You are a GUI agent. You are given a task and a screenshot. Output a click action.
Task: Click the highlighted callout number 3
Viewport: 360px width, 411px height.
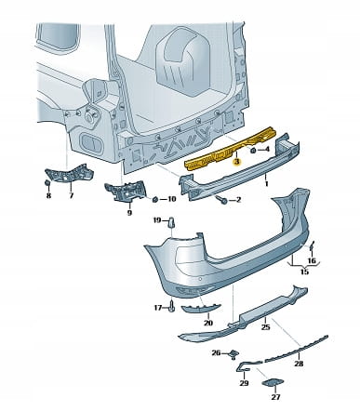pos(237,162)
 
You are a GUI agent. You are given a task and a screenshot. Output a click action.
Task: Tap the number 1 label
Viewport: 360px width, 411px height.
pos(266,184)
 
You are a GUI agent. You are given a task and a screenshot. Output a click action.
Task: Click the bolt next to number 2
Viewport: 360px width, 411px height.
pos(223,199)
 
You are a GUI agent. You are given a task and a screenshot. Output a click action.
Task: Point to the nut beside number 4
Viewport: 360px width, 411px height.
pos(253,151)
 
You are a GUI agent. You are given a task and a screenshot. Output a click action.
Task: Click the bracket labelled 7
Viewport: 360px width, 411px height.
pos(68,175)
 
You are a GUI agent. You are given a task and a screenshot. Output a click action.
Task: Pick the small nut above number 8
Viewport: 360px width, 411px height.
pos(47,183)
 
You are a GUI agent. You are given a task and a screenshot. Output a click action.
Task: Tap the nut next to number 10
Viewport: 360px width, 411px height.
pos(155,199)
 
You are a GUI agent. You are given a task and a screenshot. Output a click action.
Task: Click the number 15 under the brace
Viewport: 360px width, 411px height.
pos(304,272)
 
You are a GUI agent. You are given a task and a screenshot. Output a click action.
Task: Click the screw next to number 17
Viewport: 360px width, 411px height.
pos(172,307)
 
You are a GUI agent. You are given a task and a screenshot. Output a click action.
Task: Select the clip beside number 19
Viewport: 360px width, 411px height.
pos(171,222)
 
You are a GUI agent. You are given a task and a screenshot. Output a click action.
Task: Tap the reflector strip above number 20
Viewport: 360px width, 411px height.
pos(201,308)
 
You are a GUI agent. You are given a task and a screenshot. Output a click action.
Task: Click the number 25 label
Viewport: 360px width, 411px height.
pos(266,326)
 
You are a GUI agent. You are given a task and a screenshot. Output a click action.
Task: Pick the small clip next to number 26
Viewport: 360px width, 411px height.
pos(233,353)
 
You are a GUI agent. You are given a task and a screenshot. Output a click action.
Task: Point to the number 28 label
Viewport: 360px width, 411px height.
pos(299,364)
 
